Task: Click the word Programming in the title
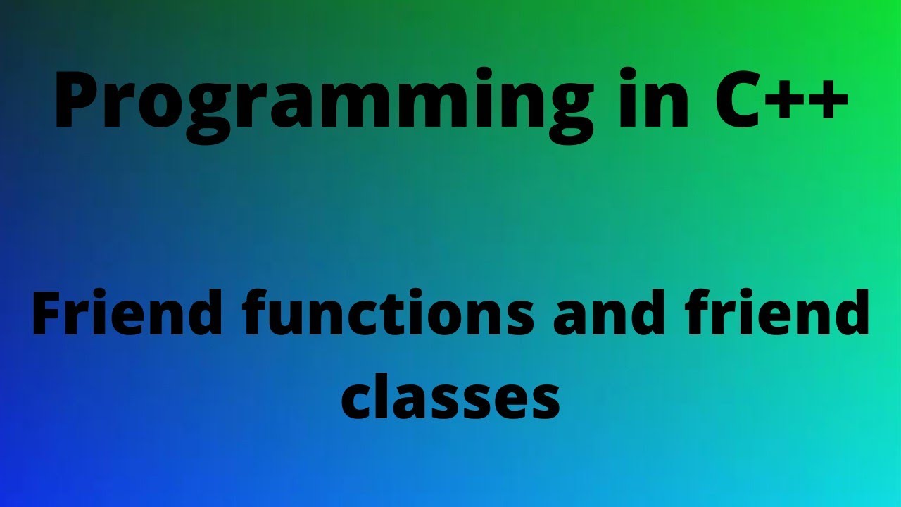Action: pyautogui.click(x=324, y=103)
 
